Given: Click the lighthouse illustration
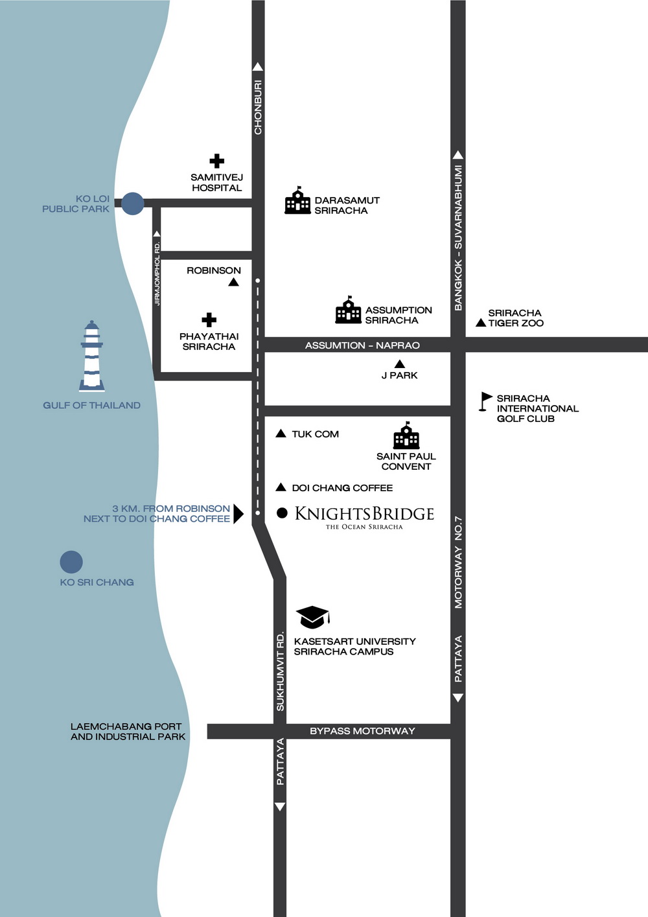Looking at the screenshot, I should coord(92,356).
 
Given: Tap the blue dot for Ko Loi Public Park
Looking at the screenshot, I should coord(133,203).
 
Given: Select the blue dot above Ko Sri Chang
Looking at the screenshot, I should coord(71,562).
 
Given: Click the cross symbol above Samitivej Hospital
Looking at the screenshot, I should coord(217,161).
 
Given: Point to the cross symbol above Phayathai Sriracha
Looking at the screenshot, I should coord(209,319).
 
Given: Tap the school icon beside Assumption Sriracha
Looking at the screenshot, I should coord(348,310).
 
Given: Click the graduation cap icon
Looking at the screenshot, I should coord(312,616).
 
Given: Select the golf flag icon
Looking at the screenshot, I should coord(485,401).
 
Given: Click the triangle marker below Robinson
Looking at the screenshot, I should coord(234,282).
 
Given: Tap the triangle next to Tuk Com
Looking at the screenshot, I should coord(281,434).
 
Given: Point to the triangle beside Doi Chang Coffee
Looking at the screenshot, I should coord(281,487).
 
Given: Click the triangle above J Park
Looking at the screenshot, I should coord(400,364).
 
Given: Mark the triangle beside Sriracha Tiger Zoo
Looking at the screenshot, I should coord(481,323).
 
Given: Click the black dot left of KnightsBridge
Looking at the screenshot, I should coord(282,513).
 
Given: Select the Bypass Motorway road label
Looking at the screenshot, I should coord(362,731).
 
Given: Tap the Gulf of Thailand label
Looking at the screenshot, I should coord(91,405).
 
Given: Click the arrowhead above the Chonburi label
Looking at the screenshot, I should coord(258,67).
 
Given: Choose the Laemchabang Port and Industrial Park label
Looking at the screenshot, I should coord(128,732).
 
